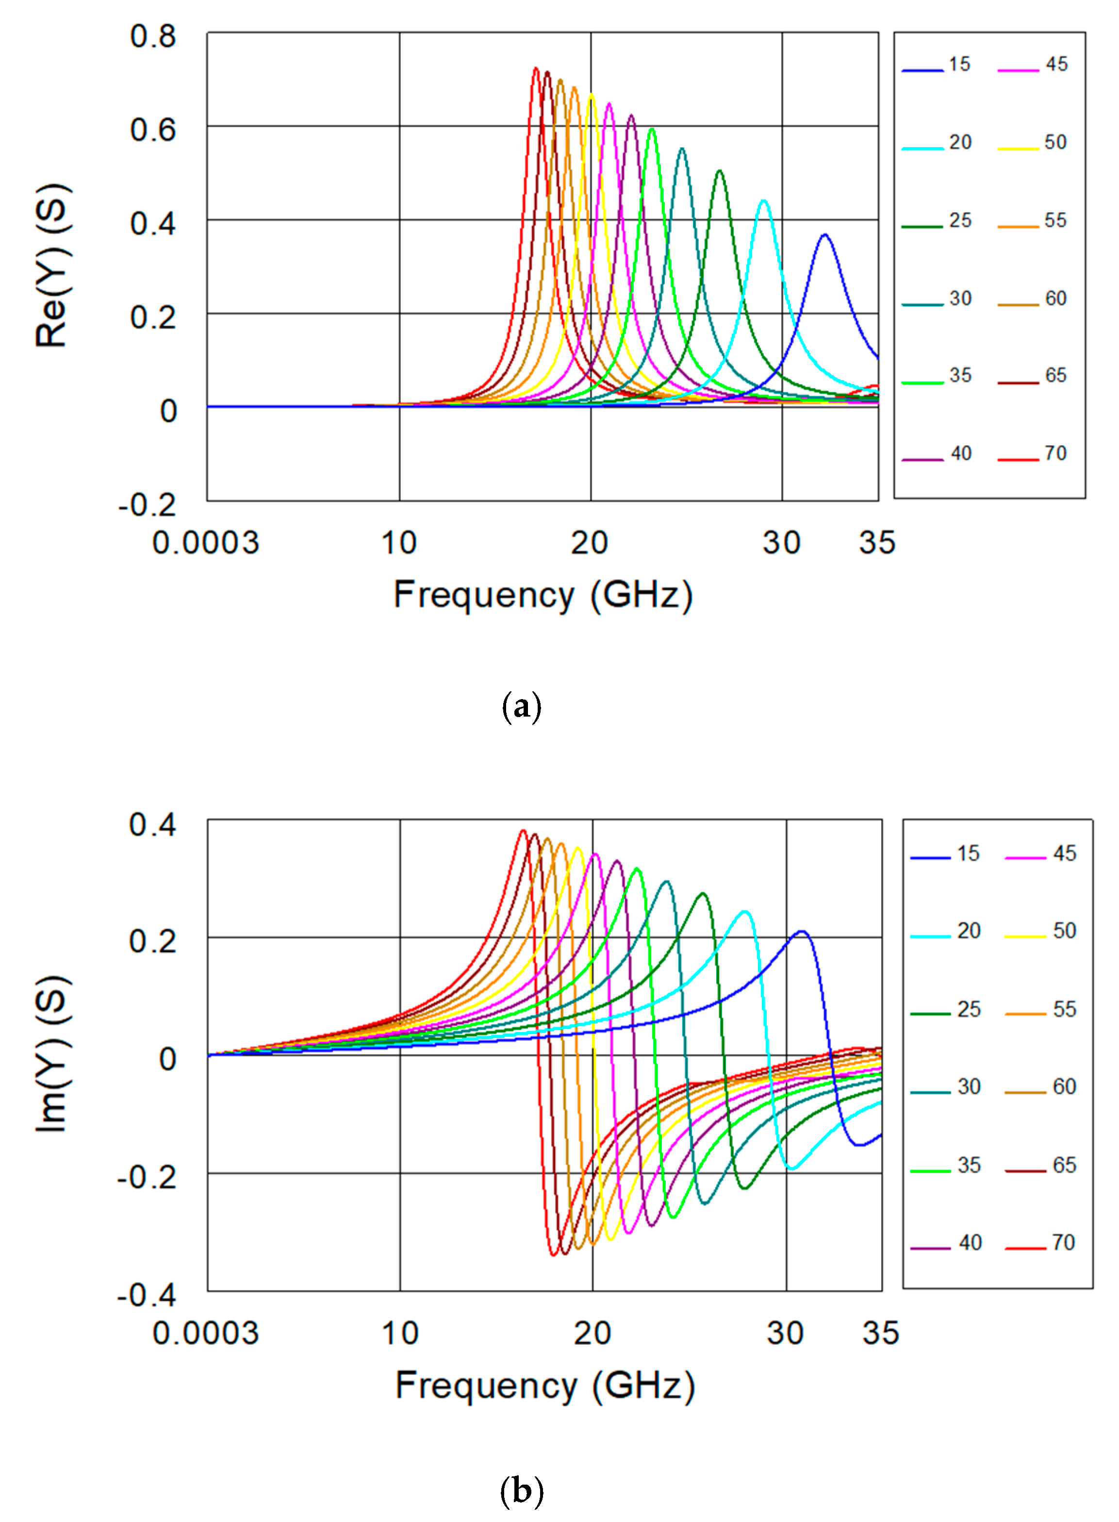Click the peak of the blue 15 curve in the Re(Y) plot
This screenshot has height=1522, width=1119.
tap(824, 234)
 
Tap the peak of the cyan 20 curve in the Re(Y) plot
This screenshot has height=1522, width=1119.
tap(764, 200)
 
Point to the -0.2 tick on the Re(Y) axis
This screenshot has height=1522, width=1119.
tap(147, 505)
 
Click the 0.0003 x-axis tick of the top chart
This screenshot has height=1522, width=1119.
tap(205, 543)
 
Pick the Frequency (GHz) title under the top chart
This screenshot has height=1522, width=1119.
tap(543, 595)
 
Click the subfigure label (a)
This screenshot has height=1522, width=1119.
tap(522, 707)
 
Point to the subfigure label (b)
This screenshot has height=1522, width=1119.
tap(522, 1491)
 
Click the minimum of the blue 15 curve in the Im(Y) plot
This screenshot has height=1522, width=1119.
tap(859, 1145)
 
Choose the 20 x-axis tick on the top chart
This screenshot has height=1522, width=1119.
tap(589, 543)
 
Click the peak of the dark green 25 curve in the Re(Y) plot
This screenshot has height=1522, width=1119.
tap(719, 171)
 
